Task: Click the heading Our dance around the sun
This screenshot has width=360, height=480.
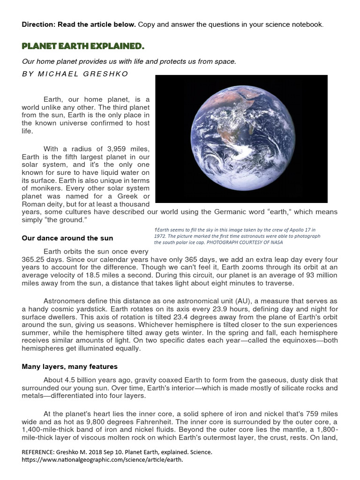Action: pyautogui.click(x=67, y=238)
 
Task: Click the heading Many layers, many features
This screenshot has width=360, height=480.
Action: pyautogui.click(x=70, y=367)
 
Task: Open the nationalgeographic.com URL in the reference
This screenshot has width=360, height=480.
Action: pyautogui.click(x=102, y=460)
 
